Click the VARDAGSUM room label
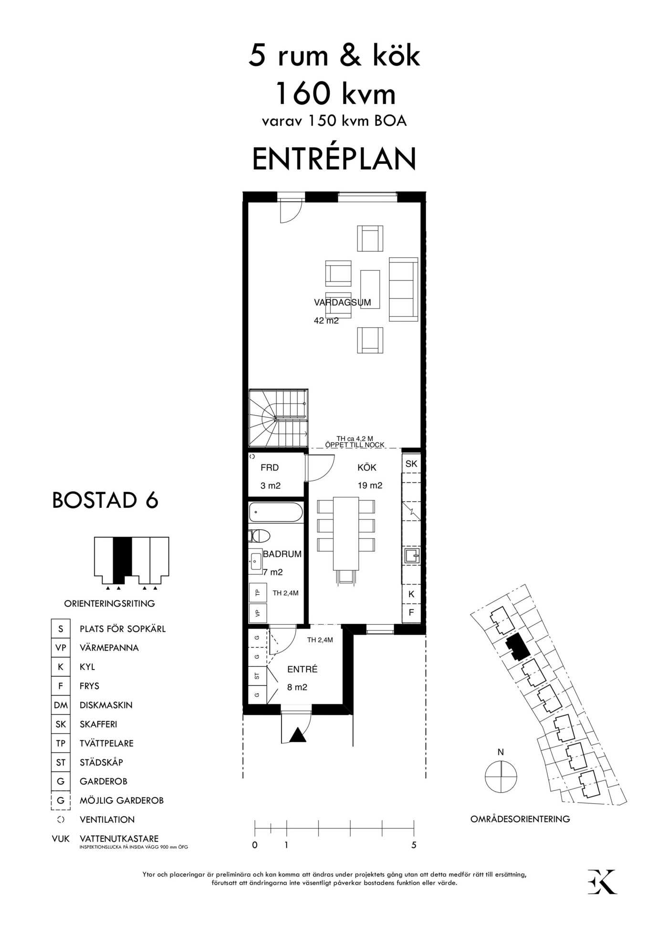point(342,302)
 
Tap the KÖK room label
point(367,468)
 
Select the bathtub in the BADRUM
point(276,512)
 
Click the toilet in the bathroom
point(259,535)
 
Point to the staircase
point(278,418)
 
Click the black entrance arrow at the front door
point(298,735)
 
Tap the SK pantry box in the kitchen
point(411,463)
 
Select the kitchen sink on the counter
point(412,556)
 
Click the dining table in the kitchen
point(346,533)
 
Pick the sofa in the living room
point(404,289)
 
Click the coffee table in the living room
point(370,289)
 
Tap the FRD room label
point(270,468)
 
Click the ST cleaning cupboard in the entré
point(257,676)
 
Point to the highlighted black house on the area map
point(517,647)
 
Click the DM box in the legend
point(61,705)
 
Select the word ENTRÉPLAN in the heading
point(334,158)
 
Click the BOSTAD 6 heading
point(105,500)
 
